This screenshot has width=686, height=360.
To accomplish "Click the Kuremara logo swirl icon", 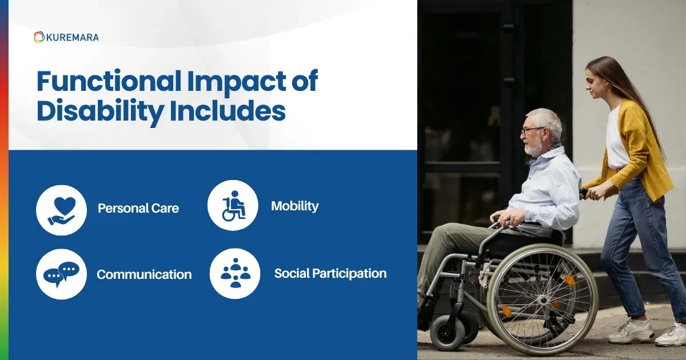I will click(39, 37).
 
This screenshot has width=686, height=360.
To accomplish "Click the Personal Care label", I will click(138, 209).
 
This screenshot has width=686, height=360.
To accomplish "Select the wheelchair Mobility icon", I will click(233, 206).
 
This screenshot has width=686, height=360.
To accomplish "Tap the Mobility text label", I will click(294, 206).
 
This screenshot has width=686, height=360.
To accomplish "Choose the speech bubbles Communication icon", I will click(61, 273).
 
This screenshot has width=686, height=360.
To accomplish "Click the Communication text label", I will click(144, 274).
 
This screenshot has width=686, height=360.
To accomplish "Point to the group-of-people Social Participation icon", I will click(235, 273).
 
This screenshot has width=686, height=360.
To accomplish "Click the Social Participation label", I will click(330, 274).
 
